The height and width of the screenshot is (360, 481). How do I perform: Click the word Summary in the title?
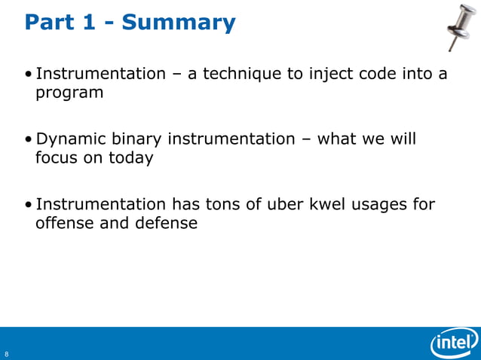(x=179, y=23)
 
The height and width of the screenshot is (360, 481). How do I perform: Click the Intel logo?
(x=455, y=344)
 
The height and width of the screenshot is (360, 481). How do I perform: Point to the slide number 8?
(x=6, y=354)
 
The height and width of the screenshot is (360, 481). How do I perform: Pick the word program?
(x=69, y=93)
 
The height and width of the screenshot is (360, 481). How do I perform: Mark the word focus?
(x=57, y=158)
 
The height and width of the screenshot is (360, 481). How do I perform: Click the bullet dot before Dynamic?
(x=28, y=140)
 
